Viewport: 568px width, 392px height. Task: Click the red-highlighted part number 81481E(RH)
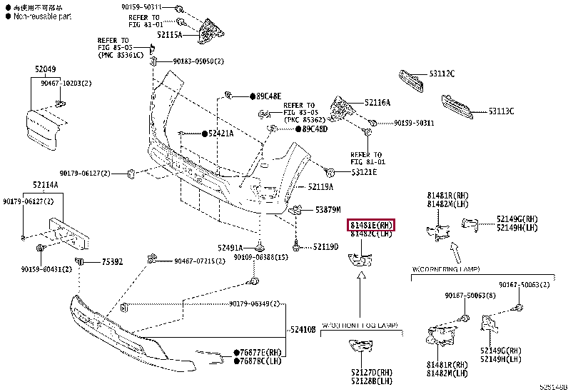click(x=372, y=225)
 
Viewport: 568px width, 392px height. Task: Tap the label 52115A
click(x=170, y=34)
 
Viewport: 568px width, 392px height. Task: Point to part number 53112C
click(x=442, y=74)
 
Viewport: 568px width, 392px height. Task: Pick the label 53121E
click(x=364, y=172)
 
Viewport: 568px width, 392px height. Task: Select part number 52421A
click(x=221, y=134)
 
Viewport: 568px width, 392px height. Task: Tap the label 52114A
click(x=45, y=185)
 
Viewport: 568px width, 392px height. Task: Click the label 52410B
click(x=304, y=329)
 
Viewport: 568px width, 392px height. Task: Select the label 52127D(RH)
click(x=372, y=371)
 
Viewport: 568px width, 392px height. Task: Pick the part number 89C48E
click(x=269, y=96)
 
